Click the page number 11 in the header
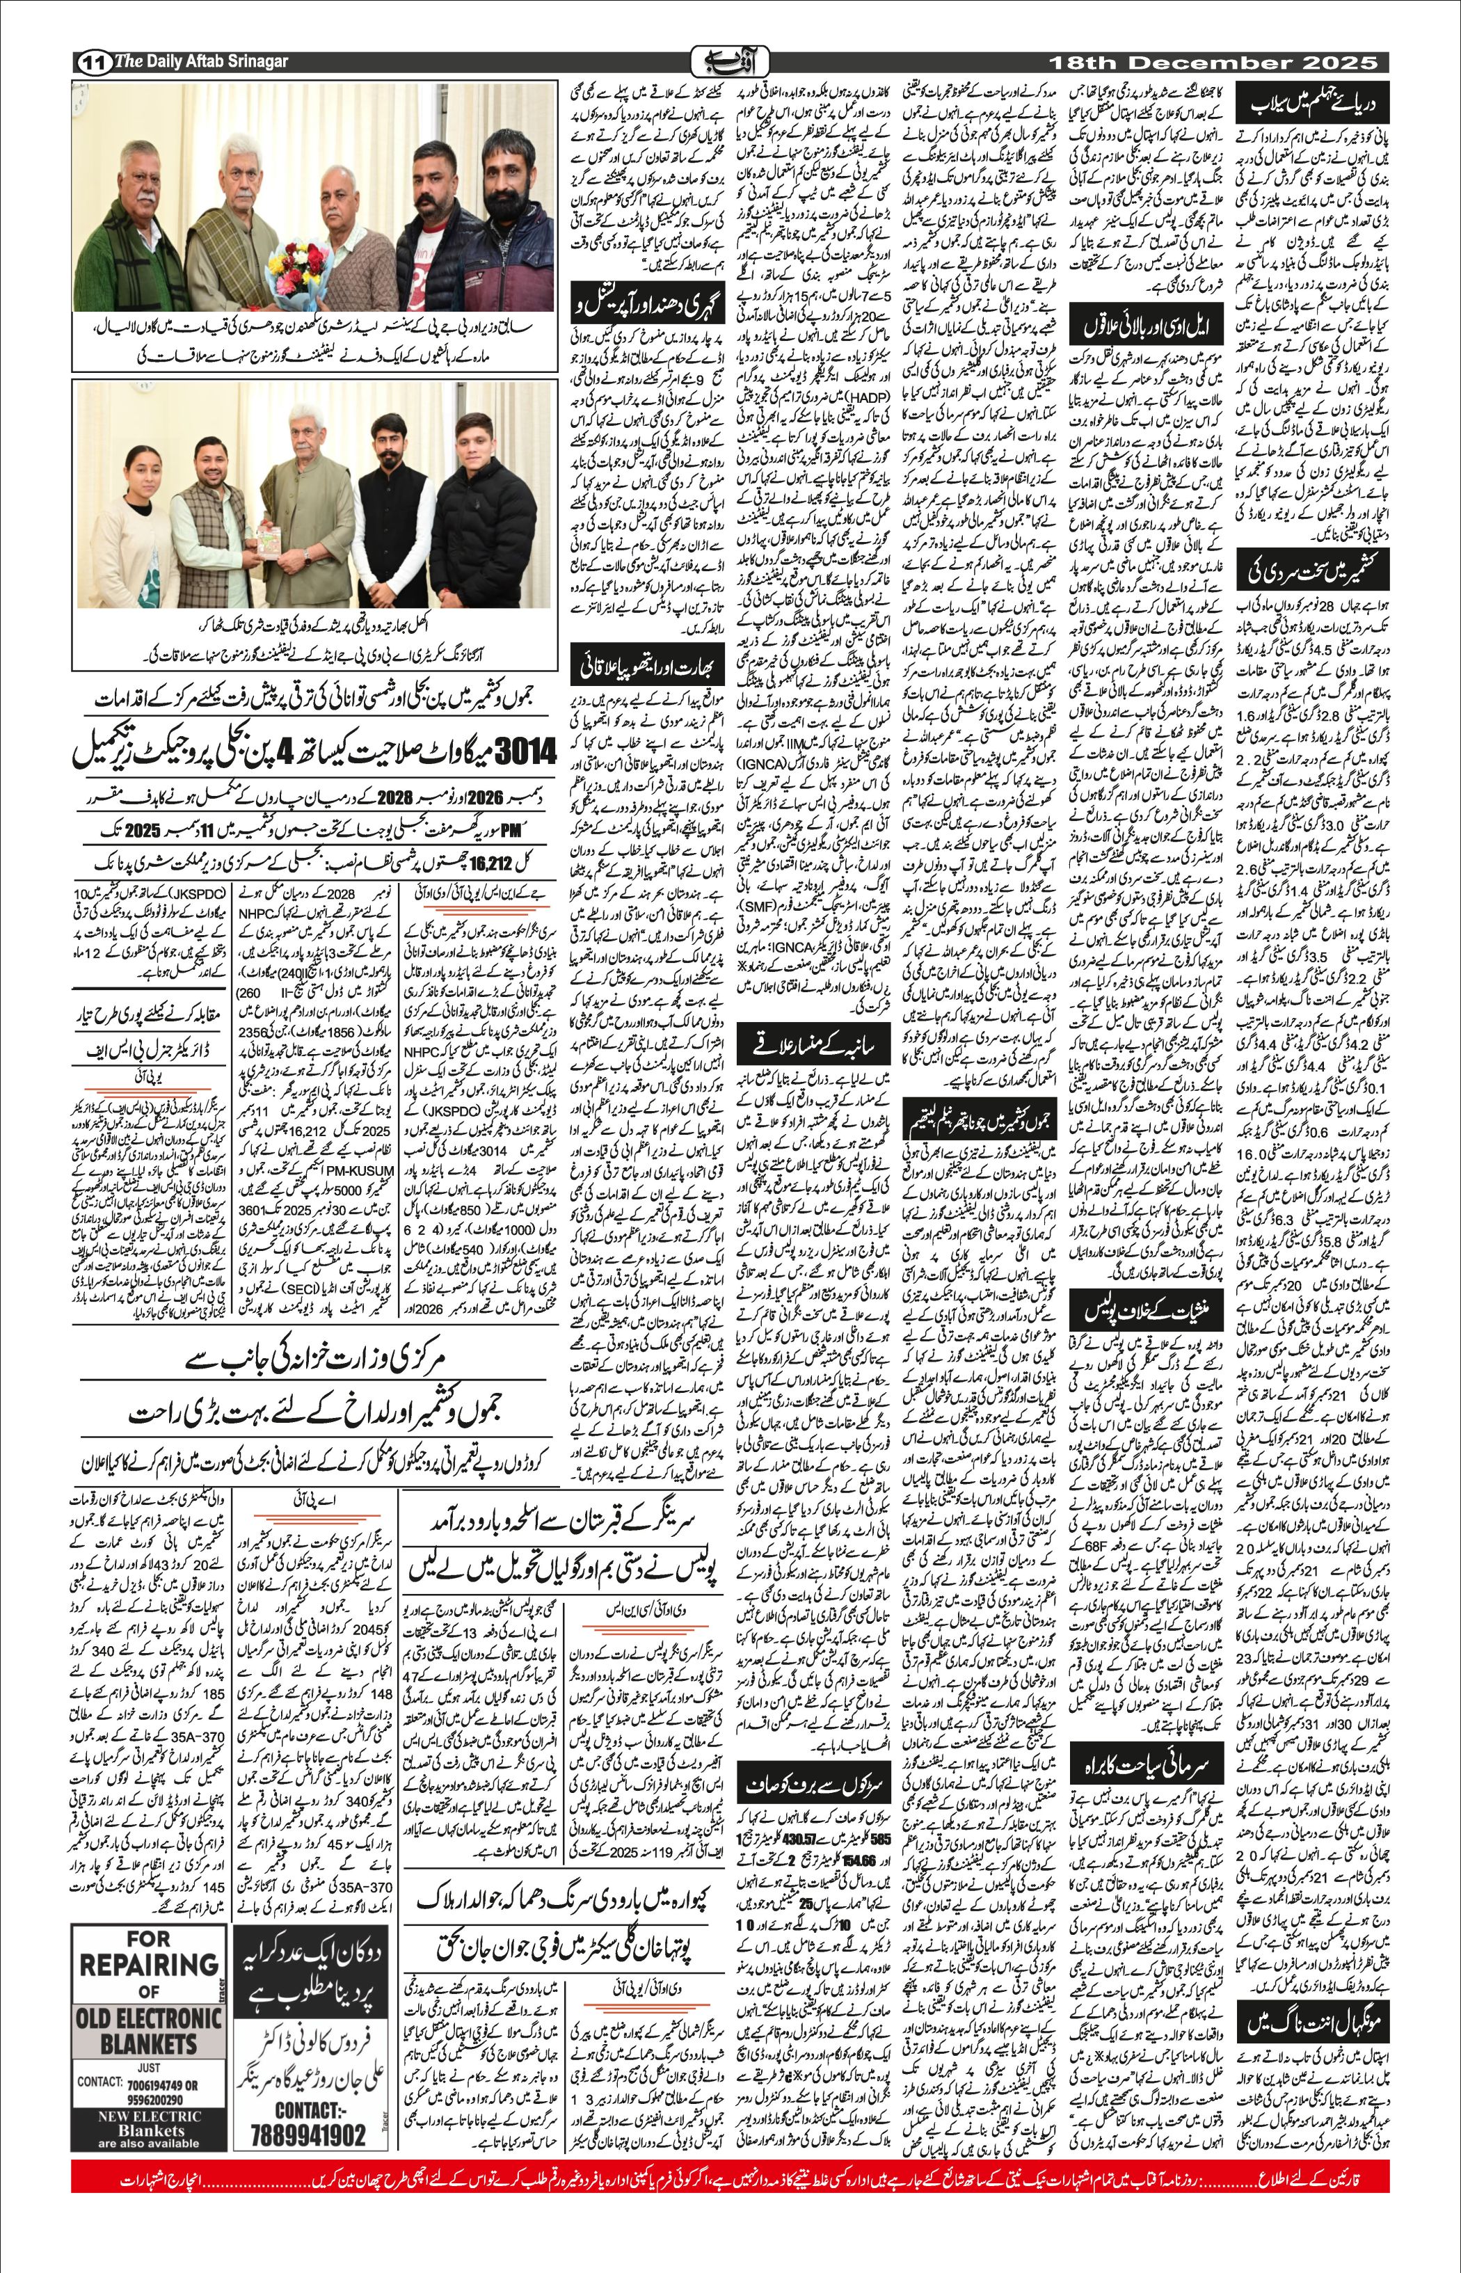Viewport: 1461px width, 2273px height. [93, 63]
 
